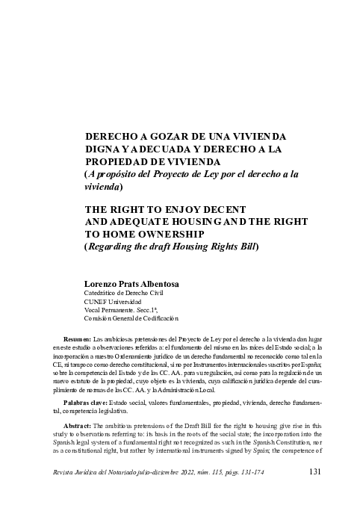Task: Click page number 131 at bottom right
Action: click(315, 472)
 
